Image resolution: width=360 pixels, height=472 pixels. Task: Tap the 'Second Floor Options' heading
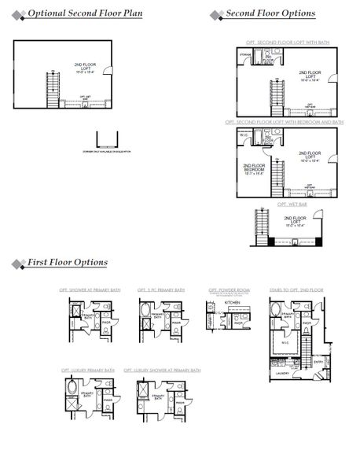click(x=270, y=14)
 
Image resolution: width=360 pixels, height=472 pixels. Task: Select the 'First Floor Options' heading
click(x=68, y=262)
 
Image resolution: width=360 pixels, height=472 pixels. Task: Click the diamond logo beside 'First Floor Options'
click(x=17, y=263)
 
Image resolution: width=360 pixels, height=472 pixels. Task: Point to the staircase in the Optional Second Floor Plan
click(x=53, y=89)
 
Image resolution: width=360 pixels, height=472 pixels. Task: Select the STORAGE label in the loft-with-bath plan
click(x=246, y=55)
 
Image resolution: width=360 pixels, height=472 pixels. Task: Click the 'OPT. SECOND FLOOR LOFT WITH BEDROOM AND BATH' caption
click(x=284, y=122)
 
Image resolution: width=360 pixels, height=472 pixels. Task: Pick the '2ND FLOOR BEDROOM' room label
click(x=254, y=167)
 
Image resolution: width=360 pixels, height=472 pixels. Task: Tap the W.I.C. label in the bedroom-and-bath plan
click(x=244, y=134)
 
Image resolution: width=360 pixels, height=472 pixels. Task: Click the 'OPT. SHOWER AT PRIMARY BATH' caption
click(x=89, y=290)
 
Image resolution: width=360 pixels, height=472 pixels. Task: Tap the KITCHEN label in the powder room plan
click(x=232, y=302)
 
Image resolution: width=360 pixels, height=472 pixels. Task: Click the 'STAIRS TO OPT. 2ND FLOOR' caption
click(x=296, y=290)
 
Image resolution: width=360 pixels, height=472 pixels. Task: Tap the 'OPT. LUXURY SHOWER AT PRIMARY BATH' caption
click(x=167, y=369)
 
